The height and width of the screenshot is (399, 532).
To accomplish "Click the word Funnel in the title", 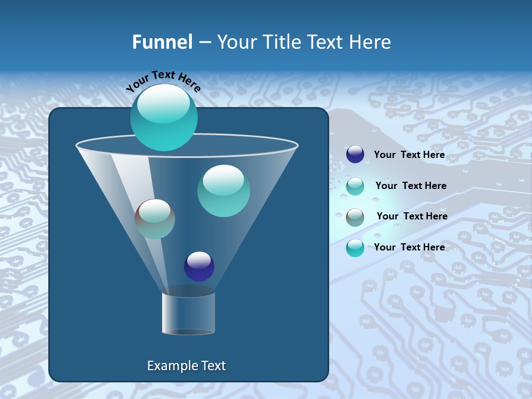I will [x=162, y=42].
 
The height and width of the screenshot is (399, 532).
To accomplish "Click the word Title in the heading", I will [x=281, y=42].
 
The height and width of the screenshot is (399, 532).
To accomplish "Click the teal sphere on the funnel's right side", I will [x=223, y=191].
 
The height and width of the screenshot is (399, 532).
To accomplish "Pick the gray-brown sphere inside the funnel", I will [x=155, y=219].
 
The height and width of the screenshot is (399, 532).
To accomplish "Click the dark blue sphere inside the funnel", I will [x=199, y=266].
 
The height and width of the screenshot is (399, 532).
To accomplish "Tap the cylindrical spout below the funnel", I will [x=188, y=313].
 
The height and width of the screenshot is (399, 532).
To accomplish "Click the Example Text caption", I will [x=186, y=366].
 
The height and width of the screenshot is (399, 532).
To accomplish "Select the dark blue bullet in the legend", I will [x=355, y=155].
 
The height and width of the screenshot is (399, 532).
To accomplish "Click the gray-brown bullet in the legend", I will [x=355, y=217].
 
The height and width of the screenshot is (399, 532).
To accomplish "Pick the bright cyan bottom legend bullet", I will [x=355, y=248].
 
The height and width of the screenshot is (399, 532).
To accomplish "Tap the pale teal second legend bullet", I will [x=355, y=186].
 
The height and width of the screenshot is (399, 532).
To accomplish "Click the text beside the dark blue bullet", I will [x=409, y=155].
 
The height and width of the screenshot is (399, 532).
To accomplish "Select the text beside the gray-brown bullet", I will [x=412, y=216].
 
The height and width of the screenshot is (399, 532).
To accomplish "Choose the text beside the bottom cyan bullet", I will [x=409, y=247].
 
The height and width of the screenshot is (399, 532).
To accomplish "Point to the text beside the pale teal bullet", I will [x=411, y=186].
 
